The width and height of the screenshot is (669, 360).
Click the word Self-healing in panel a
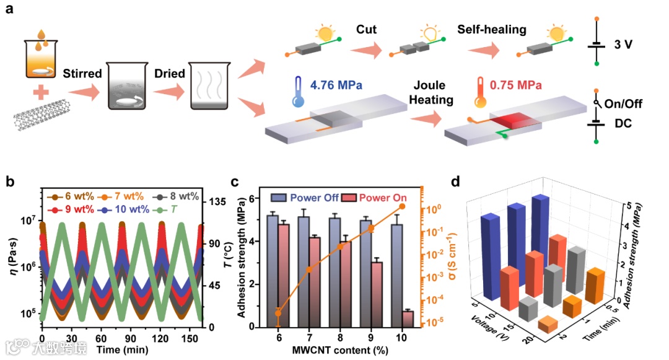click(492, 29)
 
